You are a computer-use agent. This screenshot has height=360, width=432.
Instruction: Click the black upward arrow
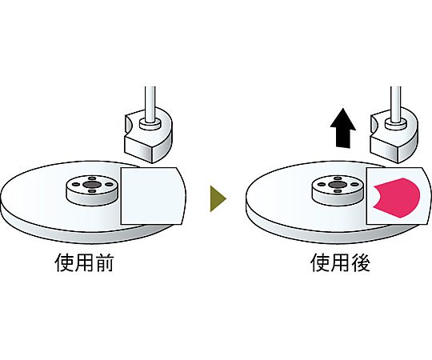tap(342, 128)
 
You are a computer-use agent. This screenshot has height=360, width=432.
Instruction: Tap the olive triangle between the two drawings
tap(218, 198)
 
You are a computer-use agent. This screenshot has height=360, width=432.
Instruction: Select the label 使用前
tap(84, 262)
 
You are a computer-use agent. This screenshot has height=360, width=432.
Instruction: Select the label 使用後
tap(340, 262)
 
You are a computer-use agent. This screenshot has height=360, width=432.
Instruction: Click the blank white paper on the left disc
tap(153, 196)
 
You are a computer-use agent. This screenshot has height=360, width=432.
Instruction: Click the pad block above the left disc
tap(148, 135)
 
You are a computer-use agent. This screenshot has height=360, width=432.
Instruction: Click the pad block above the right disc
tap(394, 135)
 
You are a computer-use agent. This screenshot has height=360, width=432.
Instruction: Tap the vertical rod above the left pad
tap(150, 104)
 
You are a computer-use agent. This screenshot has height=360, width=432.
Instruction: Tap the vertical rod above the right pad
tap(396, 104)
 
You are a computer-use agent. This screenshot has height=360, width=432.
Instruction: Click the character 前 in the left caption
tap(104, 262)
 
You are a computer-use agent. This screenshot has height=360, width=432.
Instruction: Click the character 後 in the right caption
tap(360, 262)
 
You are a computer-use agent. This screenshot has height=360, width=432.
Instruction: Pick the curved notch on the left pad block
tap(128, 124)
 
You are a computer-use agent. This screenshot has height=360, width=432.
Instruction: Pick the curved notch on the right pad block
tap(374, 124)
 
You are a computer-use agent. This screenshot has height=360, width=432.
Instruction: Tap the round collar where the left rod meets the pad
tap(150, 124)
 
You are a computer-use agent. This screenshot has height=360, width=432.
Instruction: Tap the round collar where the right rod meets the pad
tap(396, 124)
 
